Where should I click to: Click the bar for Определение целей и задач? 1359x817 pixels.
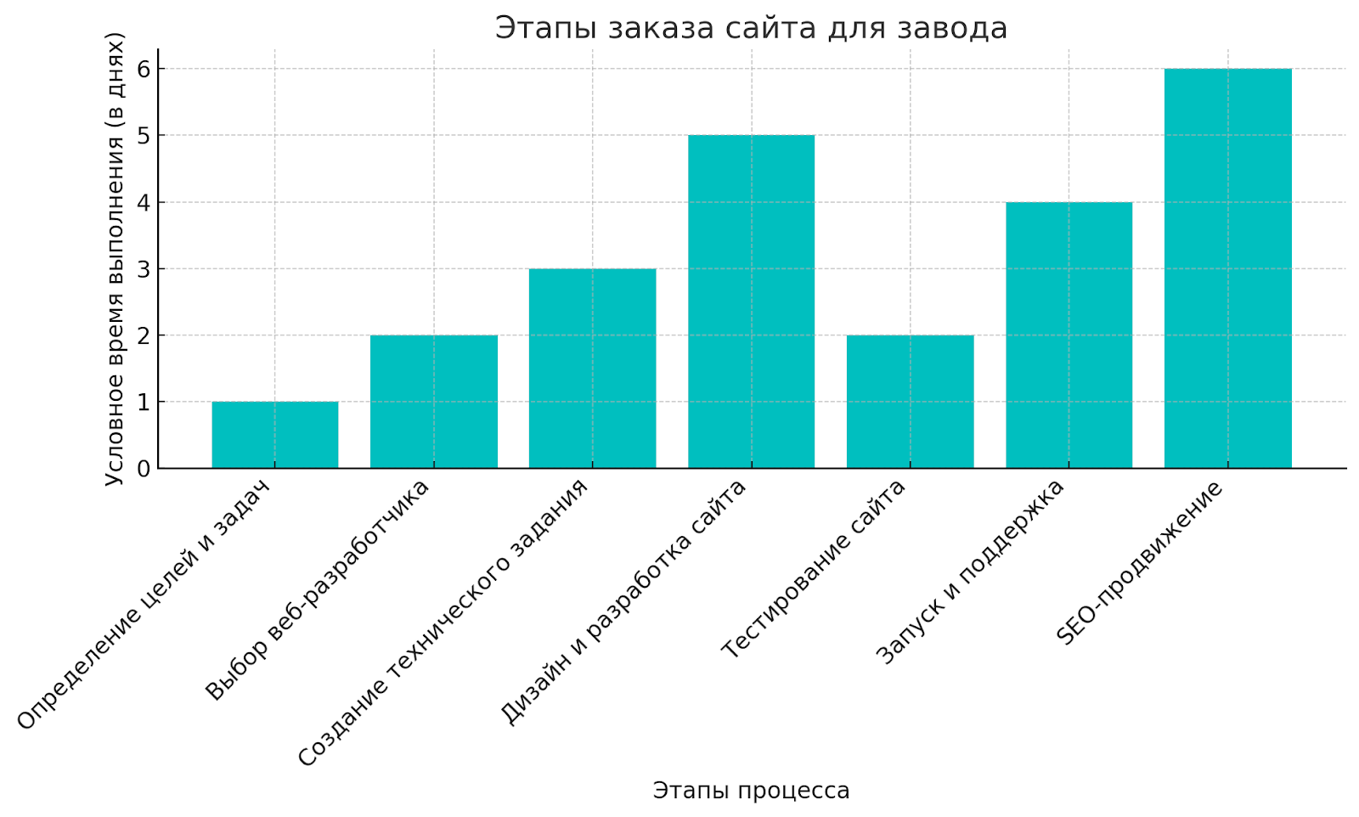(x=274, y=435)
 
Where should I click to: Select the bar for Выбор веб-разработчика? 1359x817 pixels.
(x=433, y=402)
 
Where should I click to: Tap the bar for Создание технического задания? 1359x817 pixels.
(x=592, y=369)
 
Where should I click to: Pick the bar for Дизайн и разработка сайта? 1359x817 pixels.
(x=751, y=301)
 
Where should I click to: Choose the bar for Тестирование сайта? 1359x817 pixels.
(x=910, y=402)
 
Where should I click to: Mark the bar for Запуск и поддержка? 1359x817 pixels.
(x=1069, y=335)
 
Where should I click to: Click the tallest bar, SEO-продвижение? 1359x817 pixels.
(x=1227, y=268)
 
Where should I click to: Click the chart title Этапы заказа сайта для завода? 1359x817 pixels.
(x=751, y=28)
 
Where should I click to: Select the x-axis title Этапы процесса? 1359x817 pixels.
(x=751, y=791)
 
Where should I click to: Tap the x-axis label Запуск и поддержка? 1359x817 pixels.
(x=970, y=572)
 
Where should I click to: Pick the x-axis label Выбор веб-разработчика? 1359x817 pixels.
(x=318, y=591)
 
